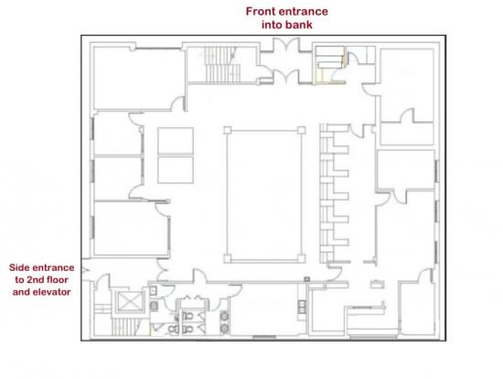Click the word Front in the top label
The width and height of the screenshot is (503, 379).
point(261,12)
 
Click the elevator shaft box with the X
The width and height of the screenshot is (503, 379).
point(129,301)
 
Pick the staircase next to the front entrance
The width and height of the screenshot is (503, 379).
point(222,65)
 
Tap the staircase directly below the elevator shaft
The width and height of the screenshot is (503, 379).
point(125,328)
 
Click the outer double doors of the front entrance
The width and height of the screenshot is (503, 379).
point(286,43)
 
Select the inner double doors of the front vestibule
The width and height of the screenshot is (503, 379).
point(286,77)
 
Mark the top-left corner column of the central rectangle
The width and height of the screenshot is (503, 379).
point(227,130)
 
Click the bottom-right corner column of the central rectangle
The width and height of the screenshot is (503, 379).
point(301,258)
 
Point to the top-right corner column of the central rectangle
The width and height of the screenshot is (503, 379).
point(301,130)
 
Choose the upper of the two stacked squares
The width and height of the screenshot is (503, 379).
point(176,141)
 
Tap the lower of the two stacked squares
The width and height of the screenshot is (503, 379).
point(176,169)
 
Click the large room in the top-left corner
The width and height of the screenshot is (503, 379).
point(138,78)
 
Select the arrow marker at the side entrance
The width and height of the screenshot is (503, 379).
point(85,270)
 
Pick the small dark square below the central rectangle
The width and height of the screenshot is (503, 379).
point(307,279)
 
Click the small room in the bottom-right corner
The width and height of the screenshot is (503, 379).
point(417,308)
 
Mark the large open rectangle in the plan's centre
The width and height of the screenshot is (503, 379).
point(264,194)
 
